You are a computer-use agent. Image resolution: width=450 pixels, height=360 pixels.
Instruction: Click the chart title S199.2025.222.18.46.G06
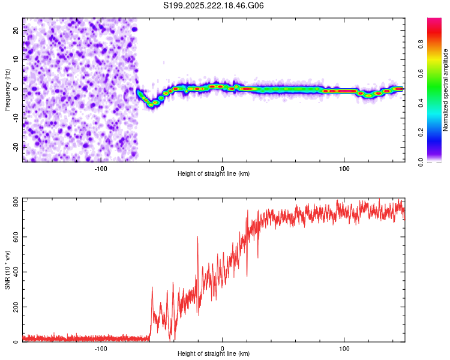pyautogui.click(x=214, y=5)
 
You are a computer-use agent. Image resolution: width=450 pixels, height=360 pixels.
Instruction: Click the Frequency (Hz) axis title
pyautogui.click(x=7, y=89)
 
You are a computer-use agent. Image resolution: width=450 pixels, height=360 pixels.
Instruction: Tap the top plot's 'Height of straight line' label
pyautogui.click(x=214, y=174)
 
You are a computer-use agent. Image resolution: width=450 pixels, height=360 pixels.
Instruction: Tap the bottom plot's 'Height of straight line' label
pyautogui.click(x=214, y=353)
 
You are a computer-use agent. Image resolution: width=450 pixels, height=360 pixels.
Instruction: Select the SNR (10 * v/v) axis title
pyautogui.click(x=7, y=269)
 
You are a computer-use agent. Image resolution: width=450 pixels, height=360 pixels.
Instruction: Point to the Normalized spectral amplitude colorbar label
pyautogui.click(x=445, y=90)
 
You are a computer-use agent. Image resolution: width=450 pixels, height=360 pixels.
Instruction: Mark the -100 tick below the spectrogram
pyautogui.click(x=101, y=169)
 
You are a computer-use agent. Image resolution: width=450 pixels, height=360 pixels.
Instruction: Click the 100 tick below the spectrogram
pyautogui.click(x=344, y=169)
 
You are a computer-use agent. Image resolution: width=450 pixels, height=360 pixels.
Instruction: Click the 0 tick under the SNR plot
pyautogui.click(x=223, y=348)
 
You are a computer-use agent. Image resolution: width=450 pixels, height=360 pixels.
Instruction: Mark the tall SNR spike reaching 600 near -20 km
pyautogui.click(x=197, y=238)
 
